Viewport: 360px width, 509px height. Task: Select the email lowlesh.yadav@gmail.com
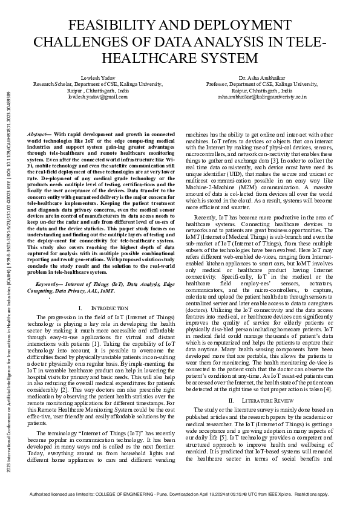coord(98,96)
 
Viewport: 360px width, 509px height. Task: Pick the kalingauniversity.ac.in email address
coord(261,96)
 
